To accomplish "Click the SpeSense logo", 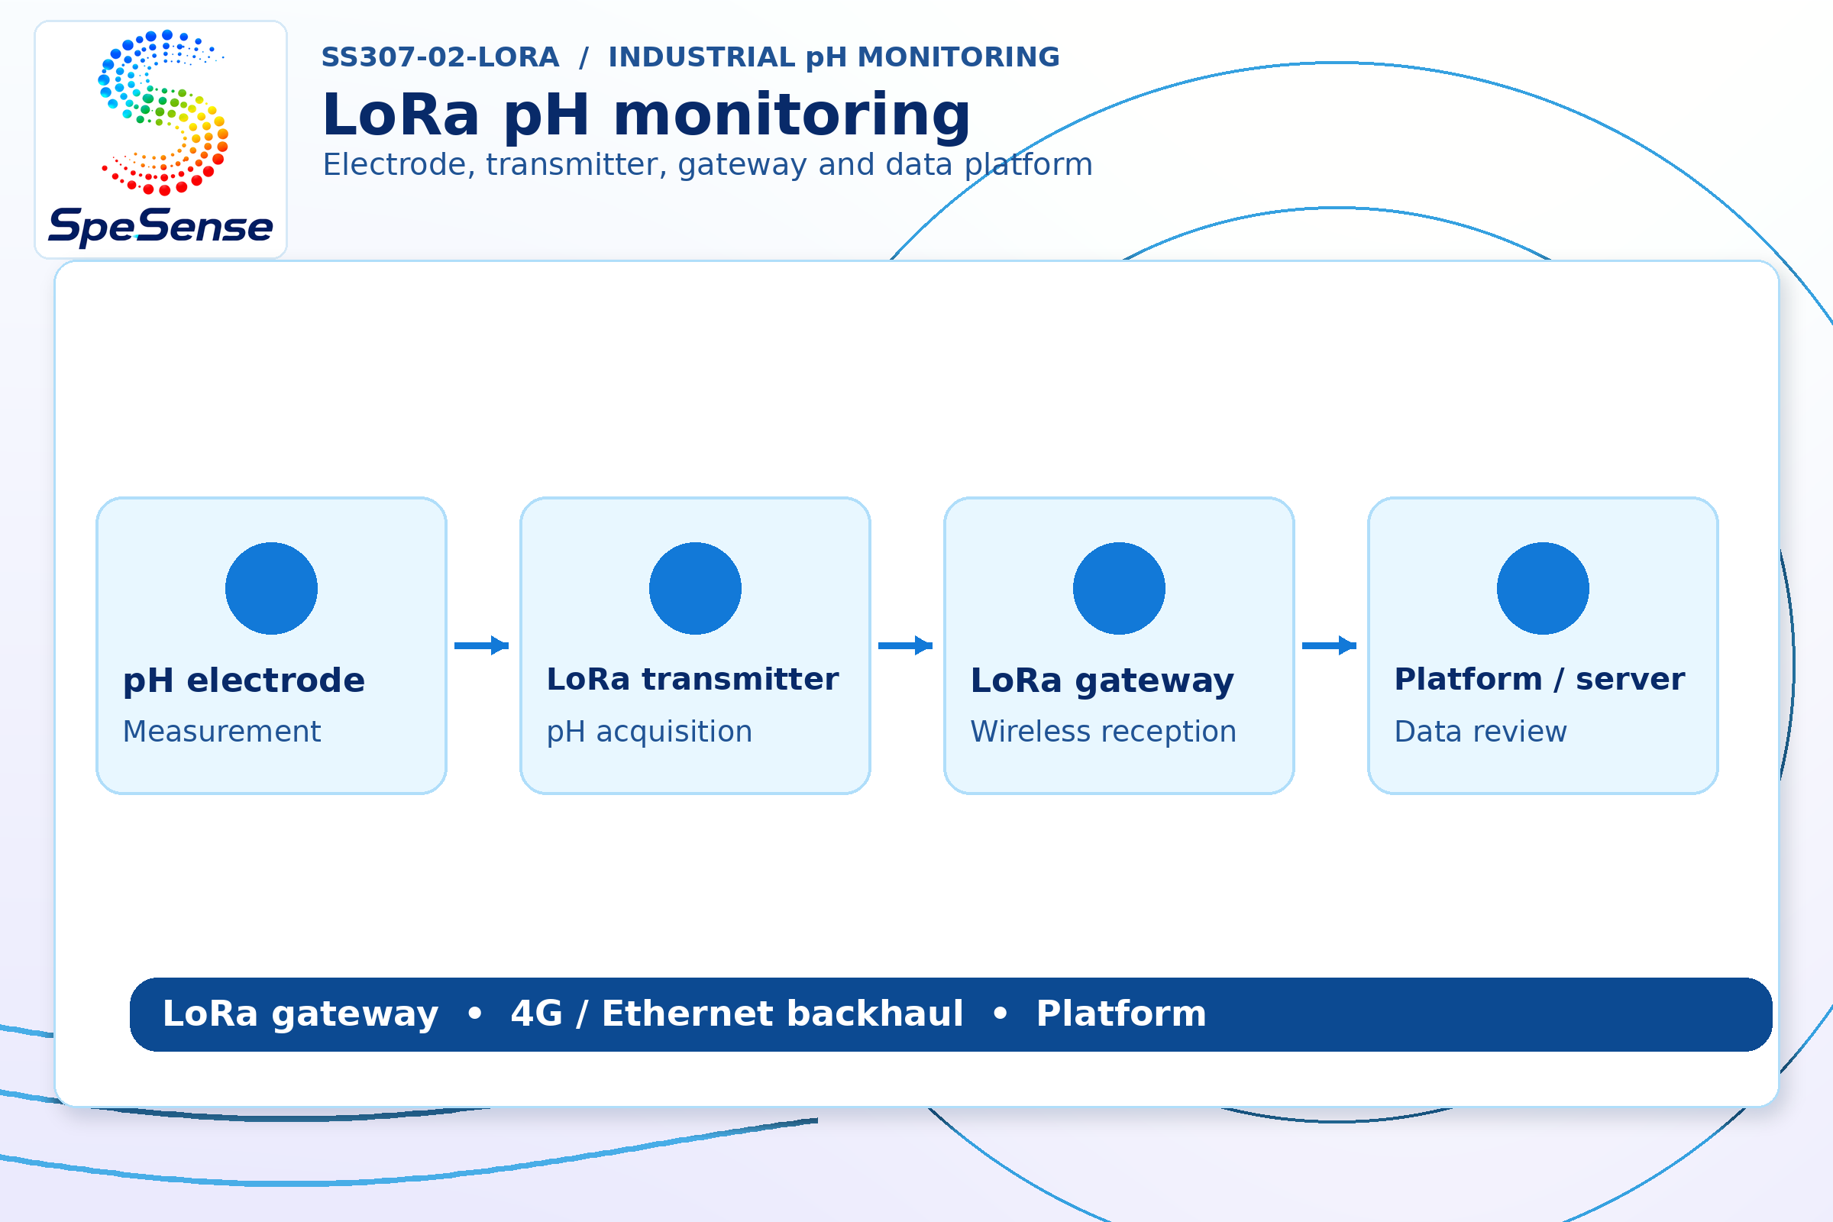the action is pos(160,139).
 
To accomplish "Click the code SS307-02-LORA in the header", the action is pos(441,57).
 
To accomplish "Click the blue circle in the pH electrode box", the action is pos(271,588).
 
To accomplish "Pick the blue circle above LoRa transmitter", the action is pos(695,588).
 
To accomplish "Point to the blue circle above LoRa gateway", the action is pos(1119,588).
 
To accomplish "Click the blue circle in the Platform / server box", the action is pos(1543,588).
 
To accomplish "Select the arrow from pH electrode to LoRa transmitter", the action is pos(482,645).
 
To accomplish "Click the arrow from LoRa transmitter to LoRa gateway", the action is pos(906,645).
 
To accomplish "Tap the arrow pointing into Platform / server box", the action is pos(1330,645).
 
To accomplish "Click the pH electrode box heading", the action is pos(244,681).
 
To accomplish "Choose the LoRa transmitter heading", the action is pos(693,679).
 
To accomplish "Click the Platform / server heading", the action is pos(1540,679).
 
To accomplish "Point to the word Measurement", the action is pos(222,732).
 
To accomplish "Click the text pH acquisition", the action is pos(650,732).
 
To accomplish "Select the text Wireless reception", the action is pos(1104,732).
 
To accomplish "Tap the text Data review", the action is pos(1481,732).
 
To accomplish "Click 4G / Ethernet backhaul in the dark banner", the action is pos(737,1014).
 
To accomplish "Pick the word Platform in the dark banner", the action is pos(1121,1014).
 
